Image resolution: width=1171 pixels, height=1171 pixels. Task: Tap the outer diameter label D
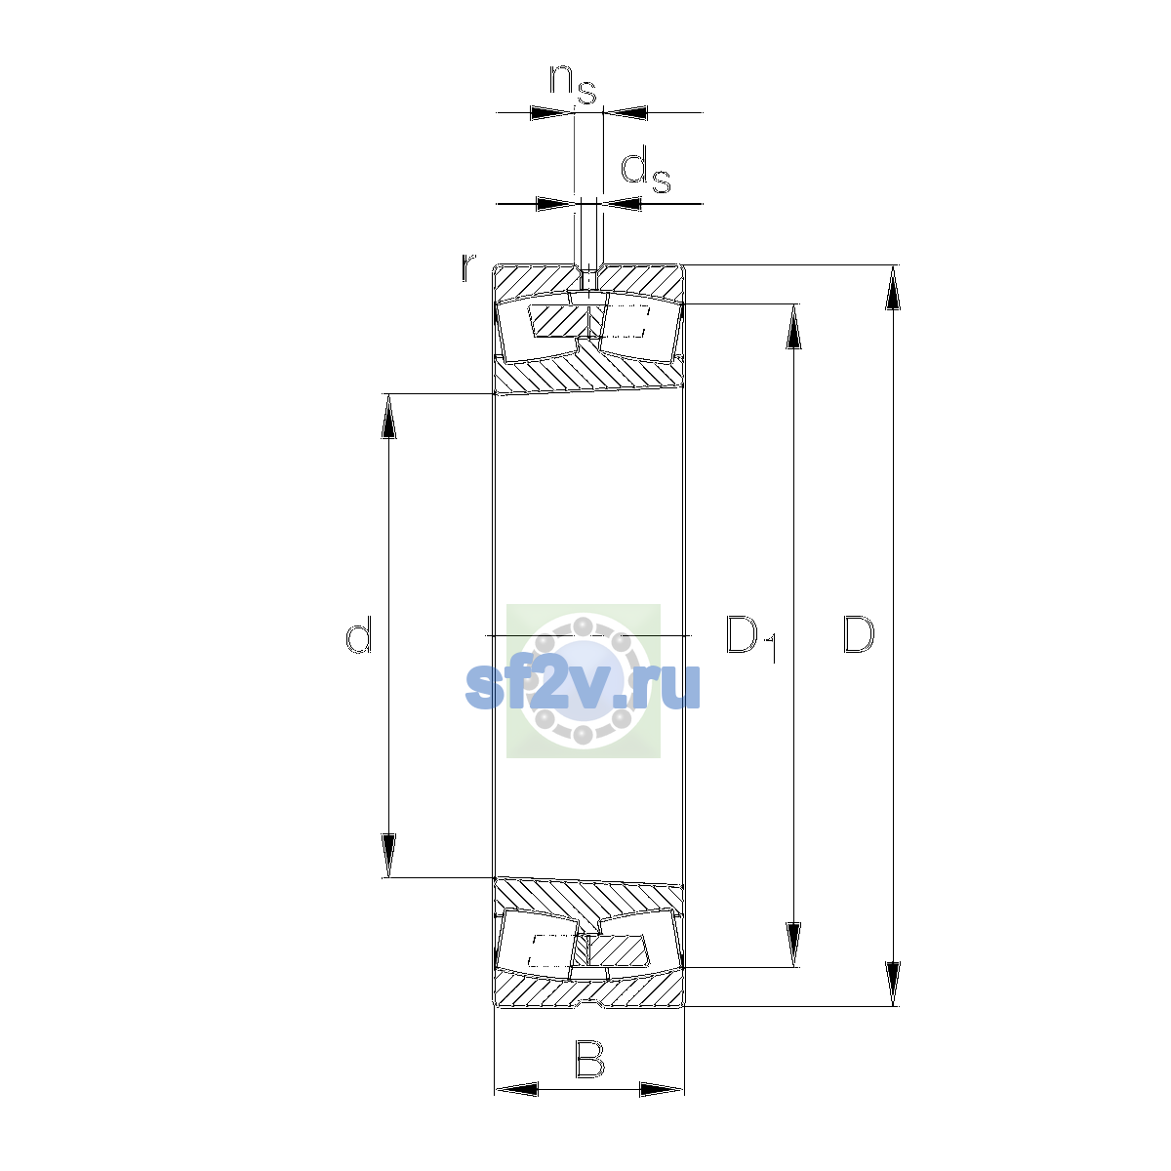pos(858,635)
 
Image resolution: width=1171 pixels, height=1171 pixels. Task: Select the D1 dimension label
pos(751,639)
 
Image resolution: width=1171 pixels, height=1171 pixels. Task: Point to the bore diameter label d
pos(358,634)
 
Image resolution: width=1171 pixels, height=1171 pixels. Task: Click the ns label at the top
pos(573,85)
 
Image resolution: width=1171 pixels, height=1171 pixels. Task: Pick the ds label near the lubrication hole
pos(645,172)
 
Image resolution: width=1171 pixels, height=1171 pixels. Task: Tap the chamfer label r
pos(467,267)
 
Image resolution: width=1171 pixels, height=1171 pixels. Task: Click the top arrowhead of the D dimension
pos(892,288)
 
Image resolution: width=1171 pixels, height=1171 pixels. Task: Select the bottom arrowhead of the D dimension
pos(892,984)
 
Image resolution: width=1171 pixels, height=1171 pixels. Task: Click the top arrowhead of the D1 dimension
pos(793,326)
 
